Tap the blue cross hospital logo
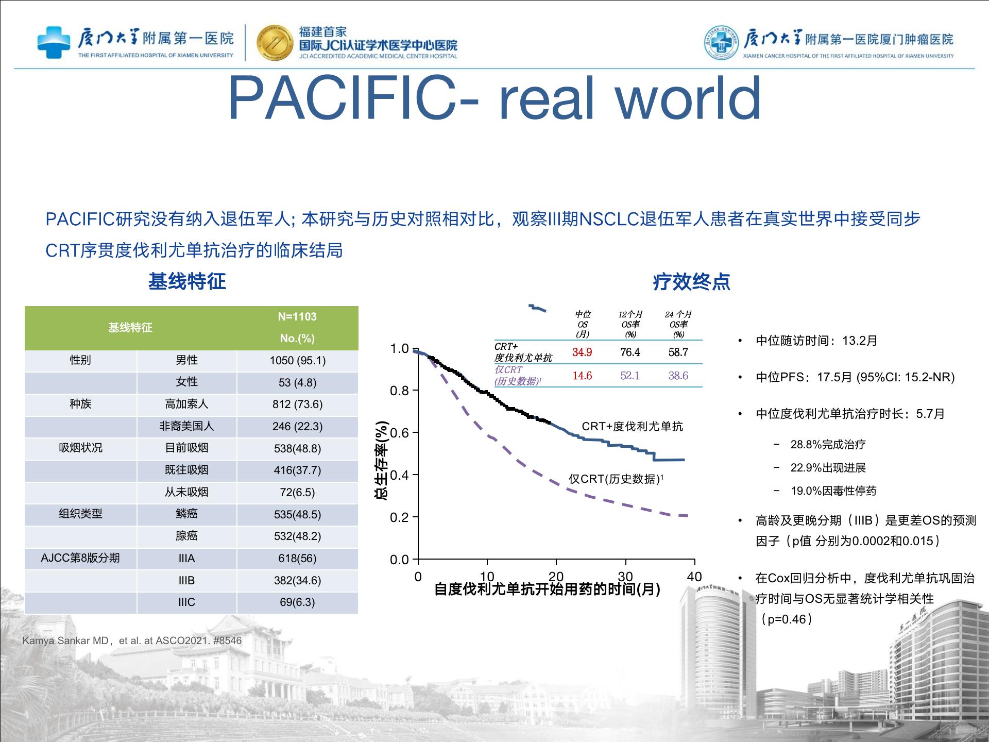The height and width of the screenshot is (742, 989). [54, 42]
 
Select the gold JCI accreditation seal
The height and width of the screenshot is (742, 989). [275, 42]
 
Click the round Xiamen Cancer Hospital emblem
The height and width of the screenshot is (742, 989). [722, 42]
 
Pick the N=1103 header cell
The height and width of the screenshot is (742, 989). [297, 316]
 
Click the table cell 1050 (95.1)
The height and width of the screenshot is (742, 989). [298, 360]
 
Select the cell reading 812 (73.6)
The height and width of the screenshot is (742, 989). [298, 404]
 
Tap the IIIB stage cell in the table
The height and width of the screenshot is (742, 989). [186, 580]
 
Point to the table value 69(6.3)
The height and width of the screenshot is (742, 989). [297, 602]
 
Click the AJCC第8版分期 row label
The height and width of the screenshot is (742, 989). [80, 558]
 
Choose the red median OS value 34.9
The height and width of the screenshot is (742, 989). [582, 352]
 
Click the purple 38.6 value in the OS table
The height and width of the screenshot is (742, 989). [678, 376]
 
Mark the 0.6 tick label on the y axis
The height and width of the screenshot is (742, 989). [399, 433]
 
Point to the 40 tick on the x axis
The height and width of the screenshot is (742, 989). [694, 577]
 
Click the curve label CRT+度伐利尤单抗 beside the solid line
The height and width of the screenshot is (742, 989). [632, 426]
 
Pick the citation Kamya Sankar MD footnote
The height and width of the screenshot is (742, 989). [132, 640]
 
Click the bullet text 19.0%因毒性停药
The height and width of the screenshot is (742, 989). [833, 491]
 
